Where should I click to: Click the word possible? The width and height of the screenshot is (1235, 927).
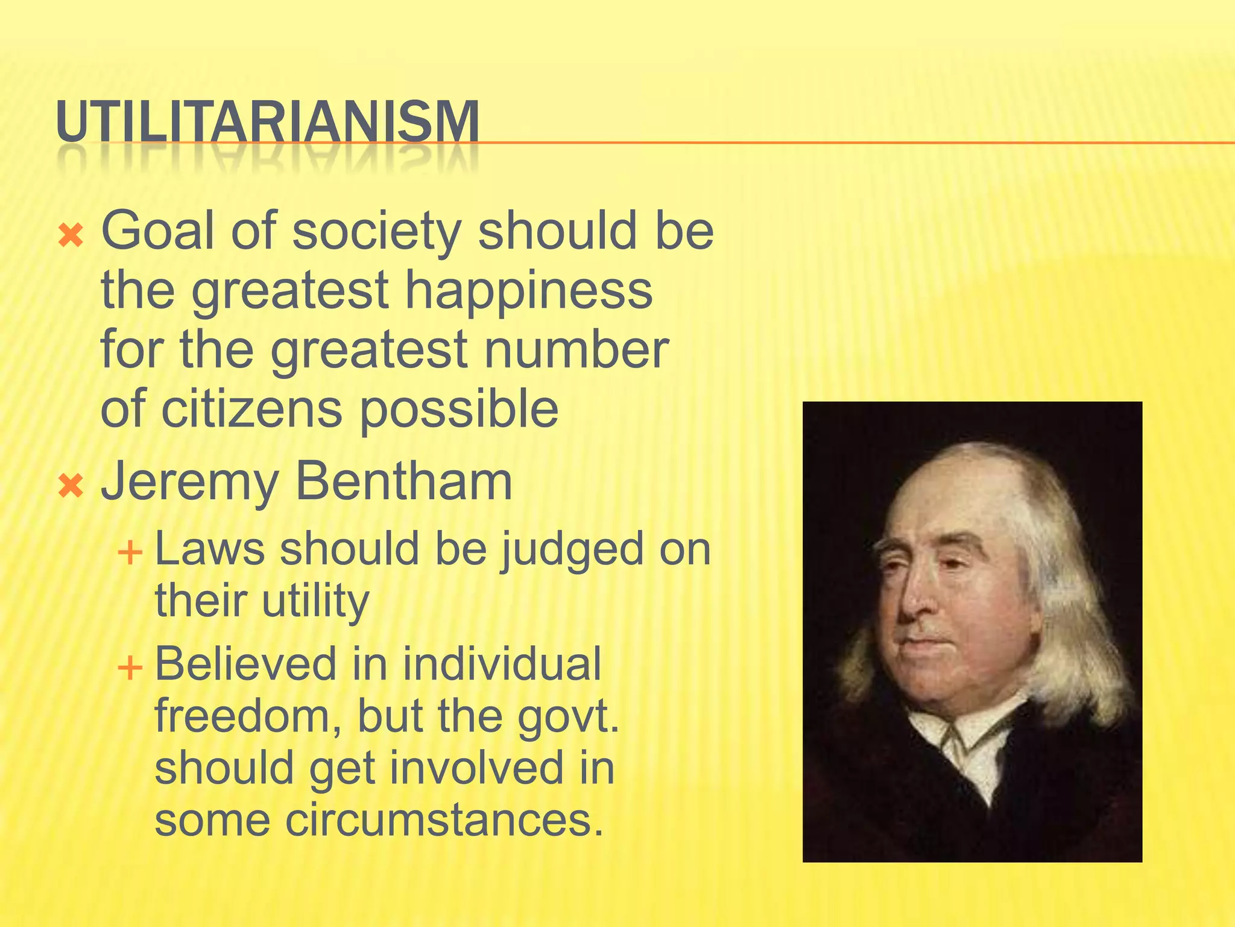[x=459, y=410]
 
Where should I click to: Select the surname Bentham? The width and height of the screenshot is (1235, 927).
[x=403, y=482]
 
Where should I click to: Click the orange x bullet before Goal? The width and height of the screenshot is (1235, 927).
[x=71, y=236]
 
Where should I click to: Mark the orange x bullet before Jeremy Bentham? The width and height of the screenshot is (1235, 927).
[x=71, y=486]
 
